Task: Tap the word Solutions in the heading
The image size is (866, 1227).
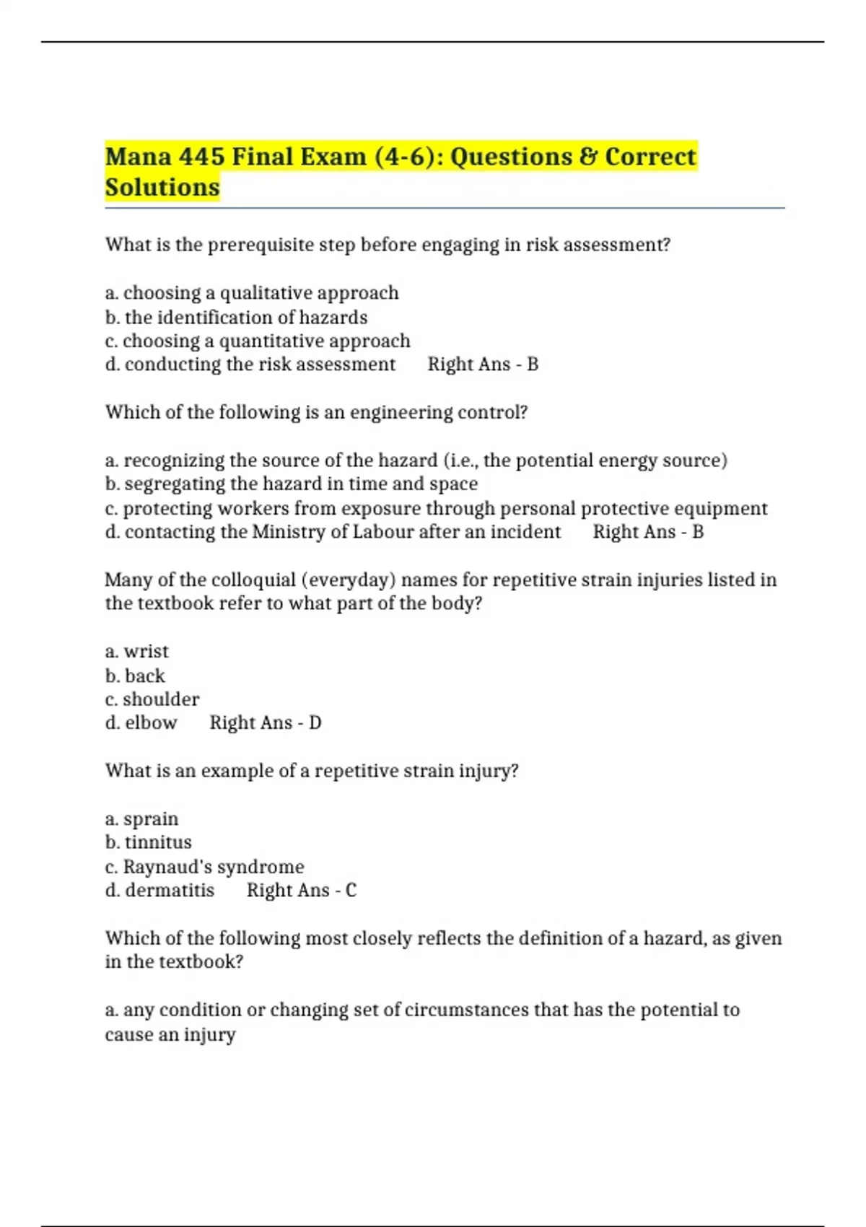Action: [162, 188]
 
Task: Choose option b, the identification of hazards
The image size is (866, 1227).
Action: [236, 318]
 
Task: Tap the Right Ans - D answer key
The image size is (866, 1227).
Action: [265, 722]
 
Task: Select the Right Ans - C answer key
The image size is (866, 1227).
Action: [301, 890]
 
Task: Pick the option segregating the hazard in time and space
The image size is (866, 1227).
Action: [291, 484]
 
